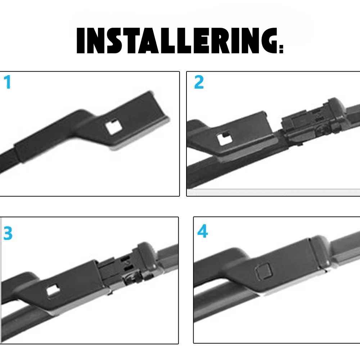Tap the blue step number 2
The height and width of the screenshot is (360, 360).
[x=199, y=82]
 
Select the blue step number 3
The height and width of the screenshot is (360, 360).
[x=8, y=233]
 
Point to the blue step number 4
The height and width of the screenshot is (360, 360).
[x=202, y=231]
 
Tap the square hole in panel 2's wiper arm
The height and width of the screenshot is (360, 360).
[x=225, y=139]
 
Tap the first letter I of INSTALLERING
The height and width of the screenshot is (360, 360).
[x=80, y=41]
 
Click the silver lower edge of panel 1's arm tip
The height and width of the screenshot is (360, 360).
[x=140, y=135]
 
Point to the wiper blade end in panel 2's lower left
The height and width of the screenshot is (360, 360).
[x=195, y=175]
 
